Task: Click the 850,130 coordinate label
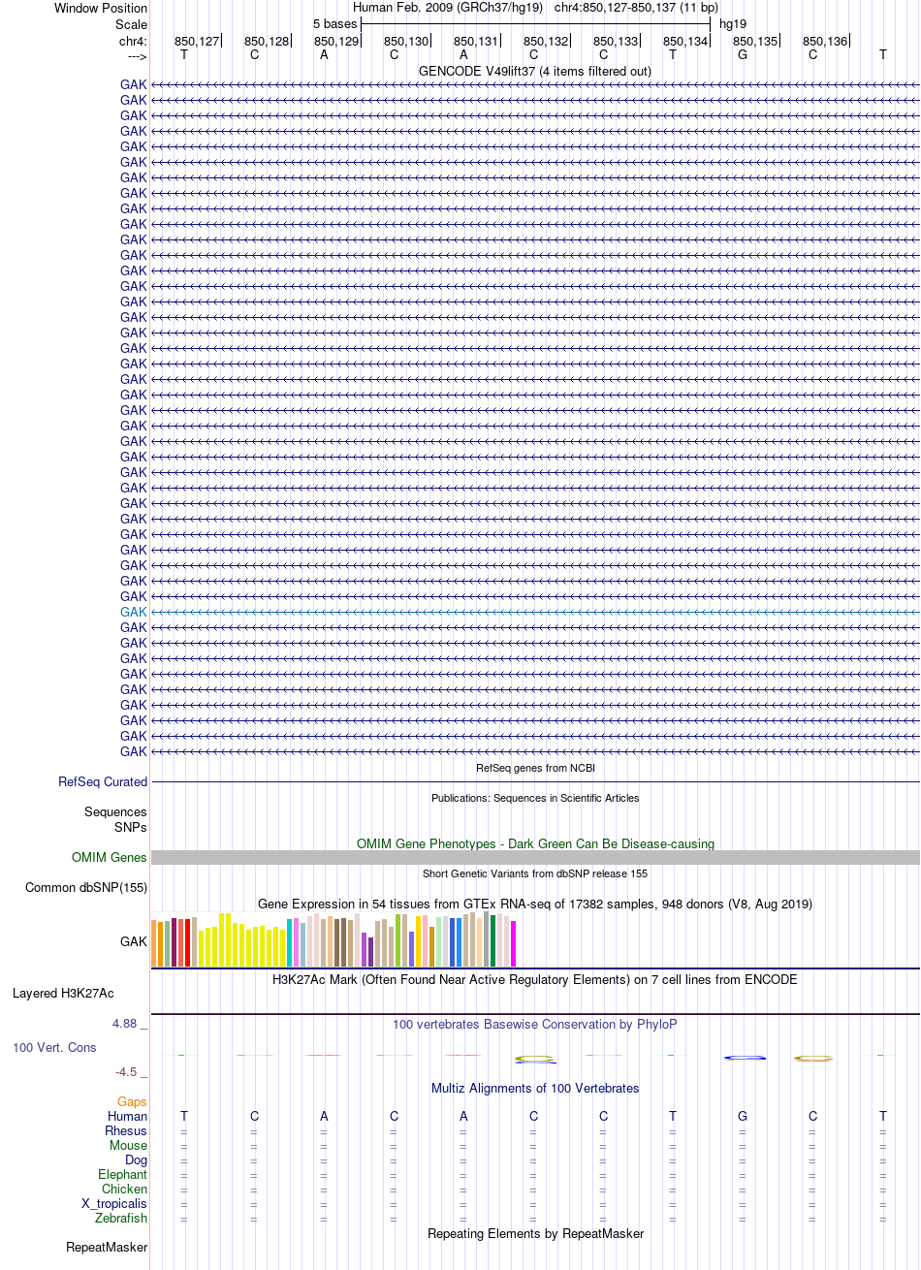tap(406, 42)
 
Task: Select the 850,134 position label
tap(685, 42)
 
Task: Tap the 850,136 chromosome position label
tap(825, 42)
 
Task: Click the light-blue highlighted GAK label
tap(133, 613)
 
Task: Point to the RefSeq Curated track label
tap(103, 781)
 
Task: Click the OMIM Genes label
tap(109, 857)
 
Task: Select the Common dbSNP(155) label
tap(86, 888)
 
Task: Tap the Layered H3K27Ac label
tap(63, 994)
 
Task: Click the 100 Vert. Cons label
tap(54, 1047)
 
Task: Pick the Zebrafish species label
tap(121, 1218)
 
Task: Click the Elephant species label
tap(122, 1174)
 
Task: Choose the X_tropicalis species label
tap(114, 1204)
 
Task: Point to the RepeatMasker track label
tap(107, 1248)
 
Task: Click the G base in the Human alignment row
tap(743, 1117)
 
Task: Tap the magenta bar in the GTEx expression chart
tap(513, 943)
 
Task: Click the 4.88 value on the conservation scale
tap(124, 1024)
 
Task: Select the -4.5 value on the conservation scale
tap(126, 1072)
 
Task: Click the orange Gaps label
tap(132, 1101)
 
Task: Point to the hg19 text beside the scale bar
tap(733, 24)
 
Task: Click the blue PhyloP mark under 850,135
tap(746, 1058)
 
